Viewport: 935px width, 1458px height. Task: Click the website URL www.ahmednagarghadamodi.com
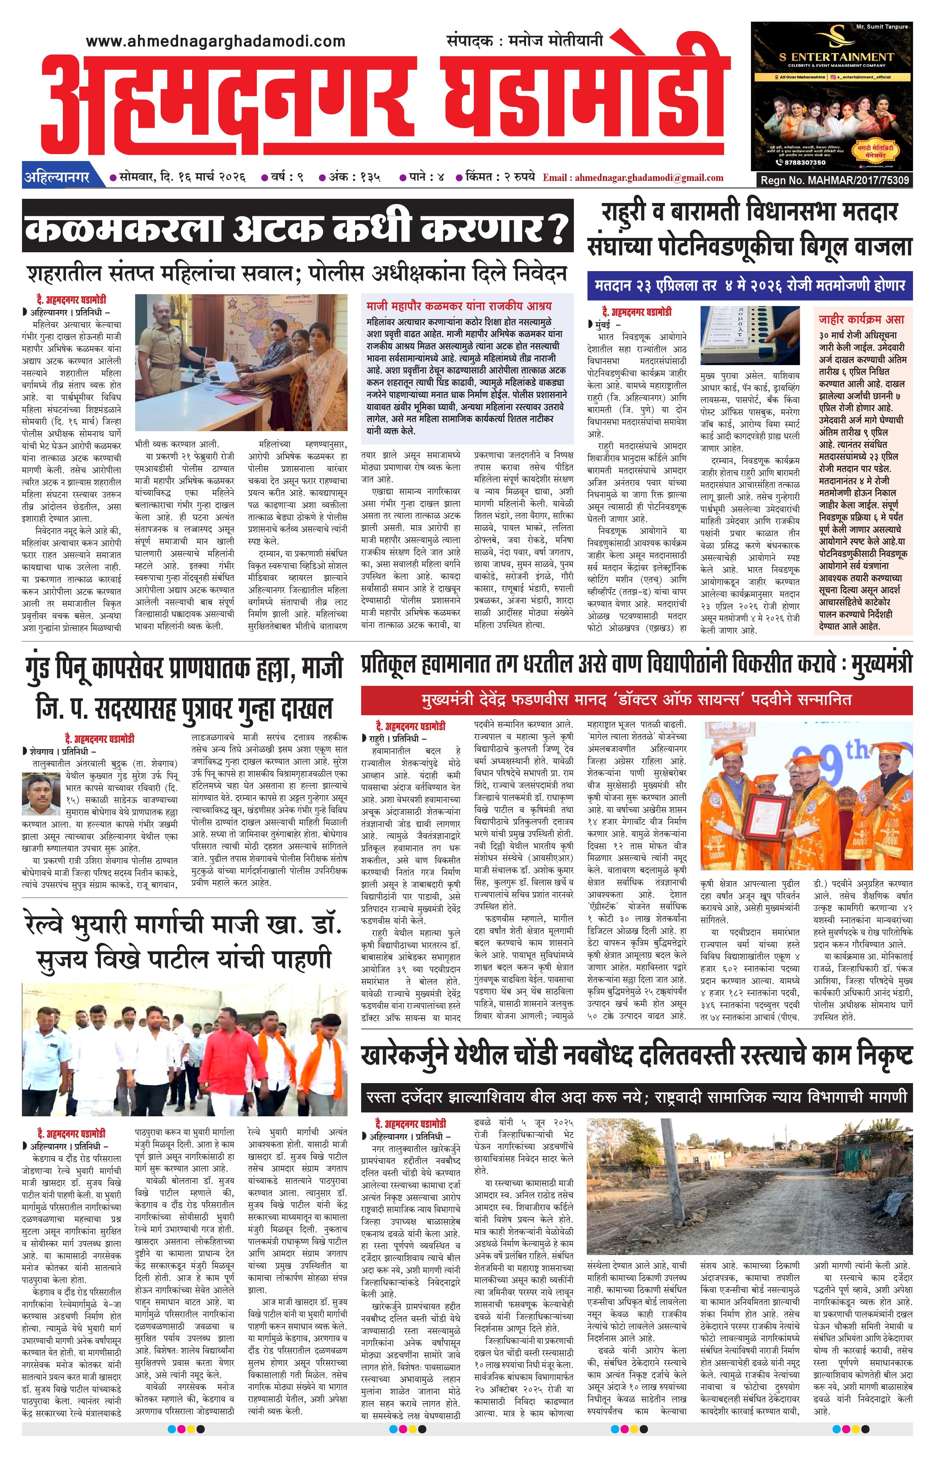coord(216,41)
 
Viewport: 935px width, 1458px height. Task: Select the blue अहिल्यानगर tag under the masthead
coord(57,177)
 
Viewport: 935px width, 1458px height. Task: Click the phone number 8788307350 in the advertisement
coord(802,162)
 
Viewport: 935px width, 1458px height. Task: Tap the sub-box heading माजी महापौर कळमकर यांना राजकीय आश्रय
coord(458,306)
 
